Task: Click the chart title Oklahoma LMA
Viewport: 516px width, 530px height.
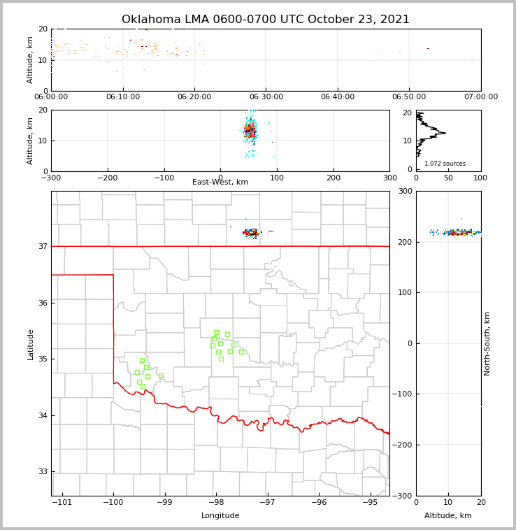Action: coord(266,20)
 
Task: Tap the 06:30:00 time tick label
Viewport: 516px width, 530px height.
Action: coord(266,97)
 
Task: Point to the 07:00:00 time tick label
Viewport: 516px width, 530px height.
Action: coord(480,97)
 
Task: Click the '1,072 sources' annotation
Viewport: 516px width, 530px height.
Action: coord(445,164)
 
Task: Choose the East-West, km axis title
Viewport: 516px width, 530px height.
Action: coord(220,182)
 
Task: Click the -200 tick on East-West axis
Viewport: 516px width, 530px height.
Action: coord(108,178)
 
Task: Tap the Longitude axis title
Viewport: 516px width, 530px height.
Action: coord(220,516)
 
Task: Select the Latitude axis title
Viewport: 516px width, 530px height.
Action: coord(31,344)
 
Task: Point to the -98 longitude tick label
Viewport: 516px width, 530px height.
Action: coord(216,502)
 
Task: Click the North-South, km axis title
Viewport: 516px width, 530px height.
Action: coord(487,343)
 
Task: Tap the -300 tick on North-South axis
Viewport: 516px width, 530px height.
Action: coord(405,496)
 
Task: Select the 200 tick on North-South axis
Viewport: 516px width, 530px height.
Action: coord(403,242)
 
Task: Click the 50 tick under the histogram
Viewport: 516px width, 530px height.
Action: coord(448,178)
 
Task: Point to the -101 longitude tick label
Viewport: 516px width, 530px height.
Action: coord(62,502)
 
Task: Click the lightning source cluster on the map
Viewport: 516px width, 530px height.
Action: coord(250,232)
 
